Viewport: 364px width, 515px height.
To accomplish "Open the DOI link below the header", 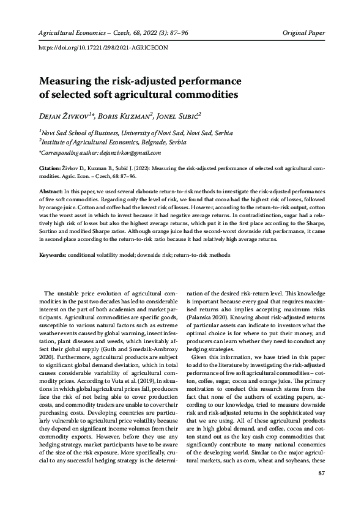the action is [102, 47].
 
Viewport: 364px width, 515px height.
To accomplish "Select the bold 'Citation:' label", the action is [50, 167].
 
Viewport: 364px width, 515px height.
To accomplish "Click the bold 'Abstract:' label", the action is [51, 191].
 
